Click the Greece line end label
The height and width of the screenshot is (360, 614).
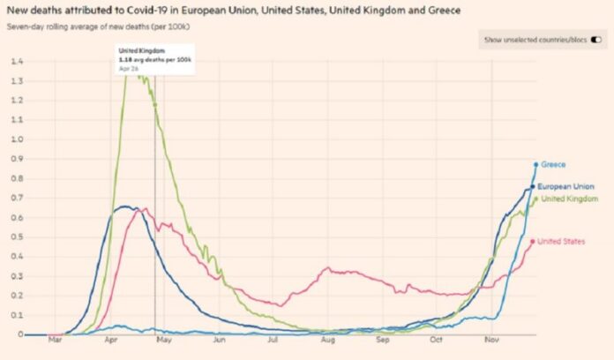click(553, 164)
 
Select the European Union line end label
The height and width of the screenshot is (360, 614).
click(565, 188)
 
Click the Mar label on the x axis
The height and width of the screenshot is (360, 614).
click(55, 339)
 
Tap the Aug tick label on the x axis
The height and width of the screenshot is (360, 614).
click(327, 339)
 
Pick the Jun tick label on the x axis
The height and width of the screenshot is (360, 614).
click(219, 339)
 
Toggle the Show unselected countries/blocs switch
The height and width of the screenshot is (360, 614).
click(597, 40)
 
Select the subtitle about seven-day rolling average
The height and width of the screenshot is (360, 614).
click(103, 26)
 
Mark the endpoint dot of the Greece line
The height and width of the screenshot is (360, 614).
click(535, 164)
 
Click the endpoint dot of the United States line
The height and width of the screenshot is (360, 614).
click(534, 241)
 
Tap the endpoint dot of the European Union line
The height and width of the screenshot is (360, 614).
click(533, 187)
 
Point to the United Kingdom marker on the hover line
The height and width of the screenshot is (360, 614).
click(154, 105)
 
